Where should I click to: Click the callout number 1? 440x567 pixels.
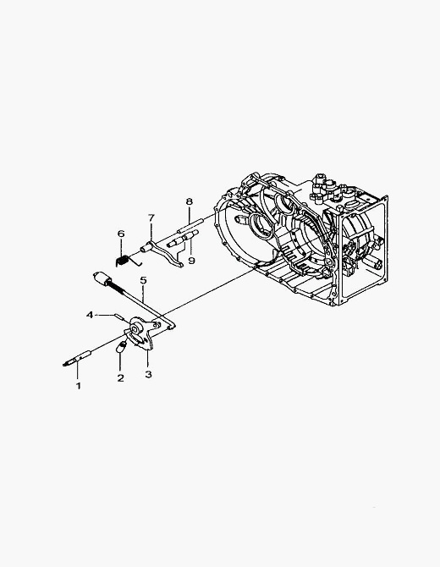pos(79,386)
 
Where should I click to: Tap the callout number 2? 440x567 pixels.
pos(120,378)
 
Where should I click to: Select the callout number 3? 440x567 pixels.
pos(148,374)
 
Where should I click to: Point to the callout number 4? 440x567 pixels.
pos(90,315)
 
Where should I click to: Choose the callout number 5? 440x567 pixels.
pos(144,280)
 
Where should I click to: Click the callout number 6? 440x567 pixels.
pos(121,234)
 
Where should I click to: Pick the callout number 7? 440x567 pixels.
pos(151,217)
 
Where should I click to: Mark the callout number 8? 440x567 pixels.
pos(190,201)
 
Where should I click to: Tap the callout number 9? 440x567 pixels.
pos(191,261)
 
